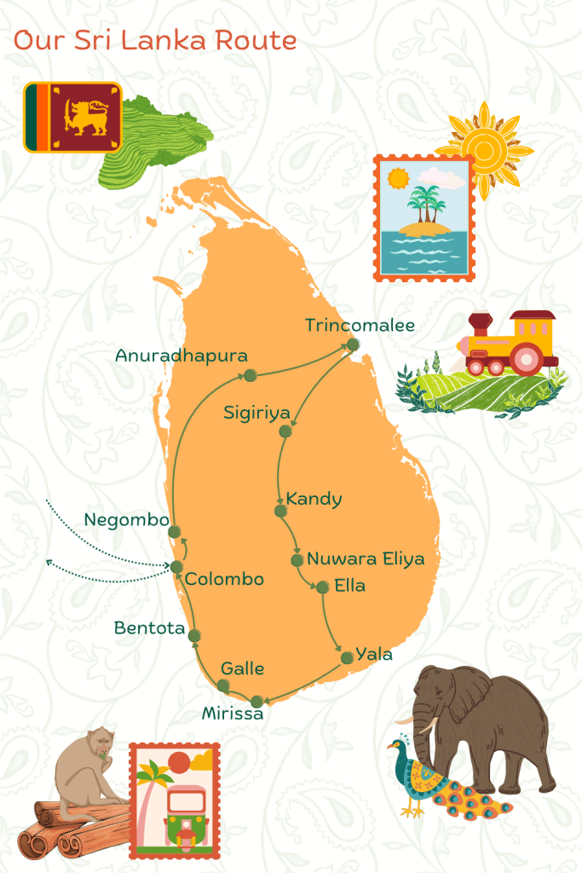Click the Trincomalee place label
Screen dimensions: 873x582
(x=360, y=326)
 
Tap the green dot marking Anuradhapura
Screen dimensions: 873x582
(x=250, y=375)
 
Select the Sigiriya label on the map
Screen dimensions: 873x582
(x=256, y=413)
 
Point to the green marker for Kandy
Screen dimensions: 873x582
(x=279, y=511)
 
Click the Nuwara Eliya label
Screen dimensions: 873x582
(x=366, y=560)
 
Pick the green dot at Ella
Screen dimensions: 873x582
(x=322, y=587)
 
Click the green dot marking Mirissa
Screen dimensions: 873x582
(x=256, y=702)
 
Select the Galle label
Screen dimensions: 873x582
(x=242, y=668)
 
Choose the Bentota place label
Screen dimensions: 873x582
(x=150, y=628)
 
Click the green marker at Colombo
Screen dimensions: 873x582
(x=176, y=567)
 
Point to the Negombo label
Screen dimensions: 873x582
(x=126, y=519)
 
